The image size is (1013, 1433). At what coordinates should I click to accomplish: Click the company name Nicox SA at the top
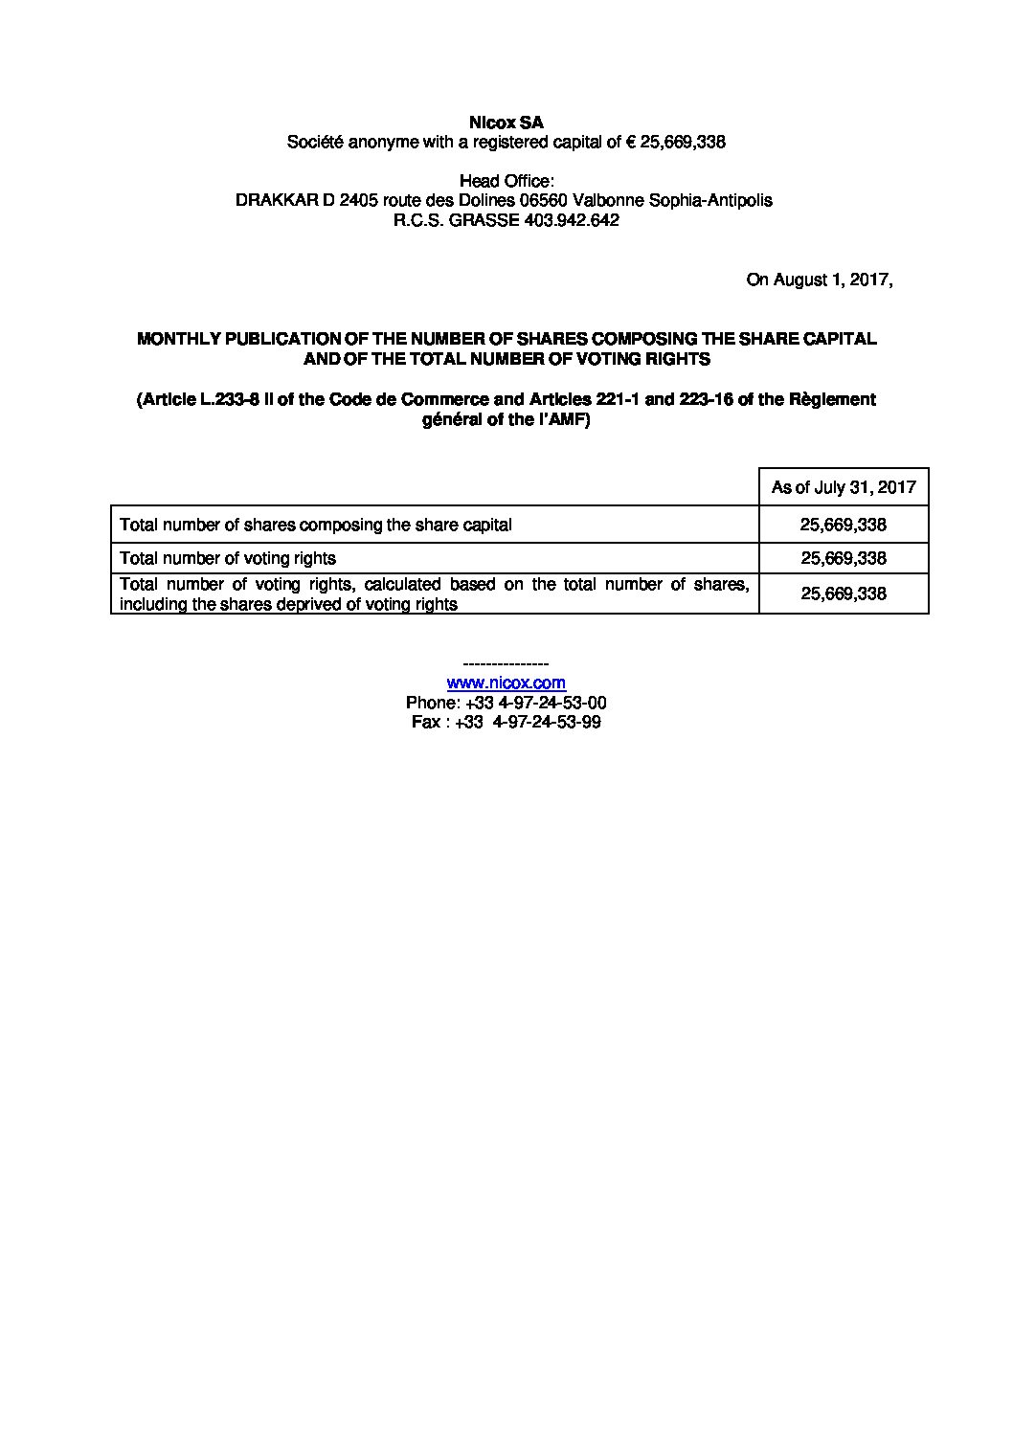[x=506, y=123]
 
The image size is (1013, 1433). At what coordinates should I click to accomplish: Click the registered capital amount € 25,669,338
[x=676, y=143]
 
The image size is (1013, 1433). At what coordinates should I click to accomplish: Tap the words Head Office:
[x=506, y=181]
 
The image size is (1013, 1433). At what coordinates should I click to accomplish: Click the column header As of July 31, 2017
[x=844, y=487]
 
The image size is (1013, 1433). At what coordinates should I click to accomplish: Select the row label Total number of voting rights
[x=228, y=558]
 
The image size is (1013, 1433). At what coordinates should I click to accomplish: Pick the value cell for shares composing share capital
[x=844, y=525]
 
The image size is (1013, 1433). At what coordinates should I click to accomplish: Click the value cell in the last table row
[x=844, y=593]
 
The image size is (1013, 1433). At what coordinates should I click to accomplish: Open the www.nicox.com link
[x=506, y=683]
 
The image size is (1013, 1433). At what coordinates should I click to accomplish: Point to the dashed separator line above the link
[x=506, y=663]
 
